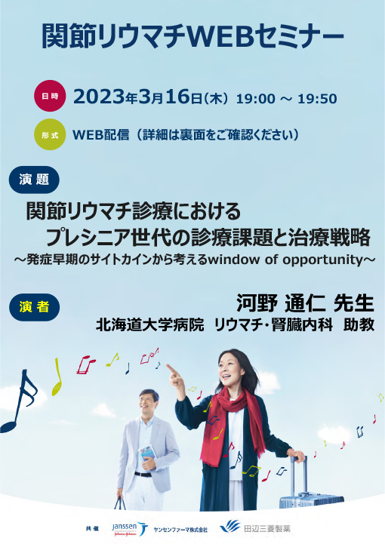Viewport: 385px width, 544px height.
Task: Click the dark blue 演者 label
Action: click(34, 306)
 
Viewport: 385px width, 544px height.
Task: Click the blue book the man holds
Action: click(148, 453)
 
